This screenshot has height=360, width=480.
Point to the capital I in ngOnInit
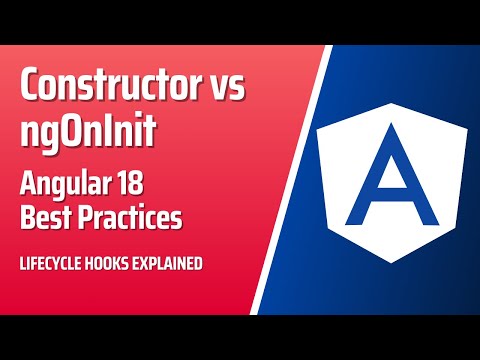click(117, 132)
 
